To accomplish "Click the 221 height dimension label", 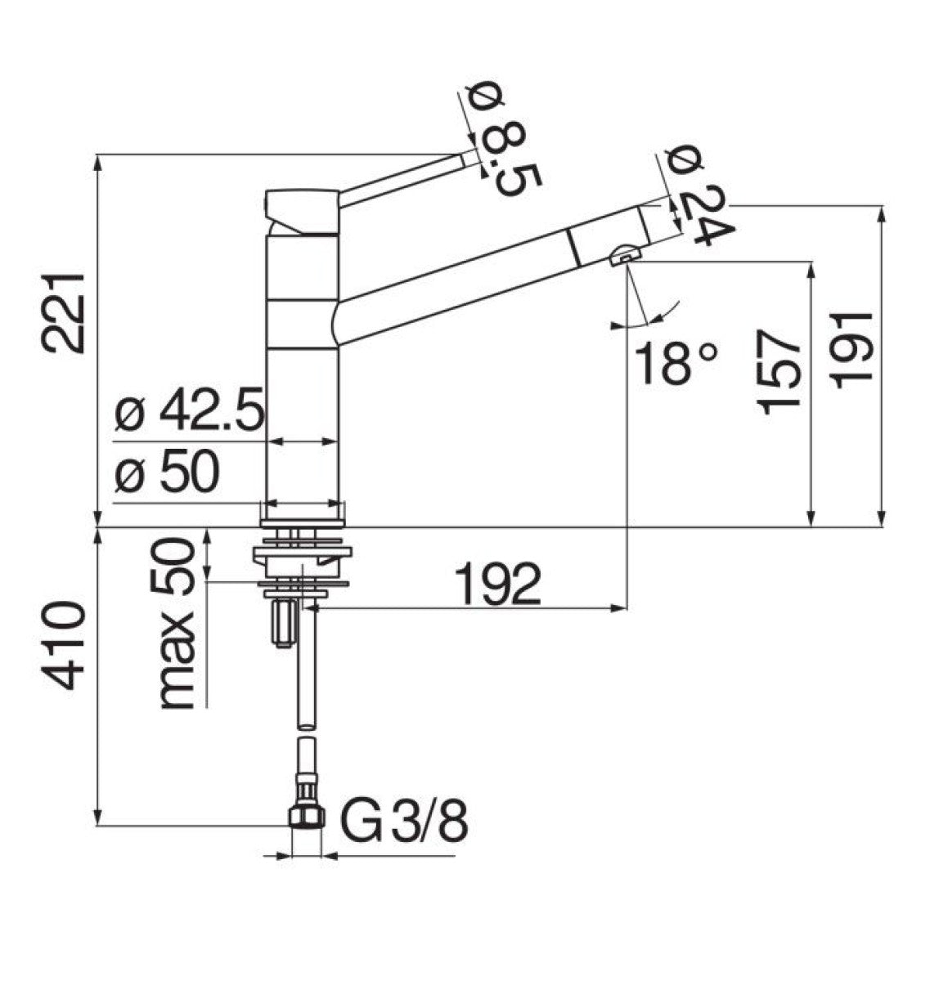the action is pyautogui.click(x=64, y=314).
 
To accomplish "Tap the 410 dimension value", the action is pyautogui.click(x=64, y=646).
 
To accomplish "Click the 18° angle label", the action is pyautogui.click(x=676, y=364).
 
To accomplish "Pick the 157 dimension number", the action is pyautogui.click(x=779, y=372).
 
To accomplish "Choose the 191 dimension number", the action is pyautogui.click(x=852, y=350).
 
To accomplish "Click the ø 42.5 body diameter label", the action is pyautogui.click(x=189, y=410).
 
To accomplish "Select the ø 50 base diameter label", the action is pyautogui.click(x=167, y=471).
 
